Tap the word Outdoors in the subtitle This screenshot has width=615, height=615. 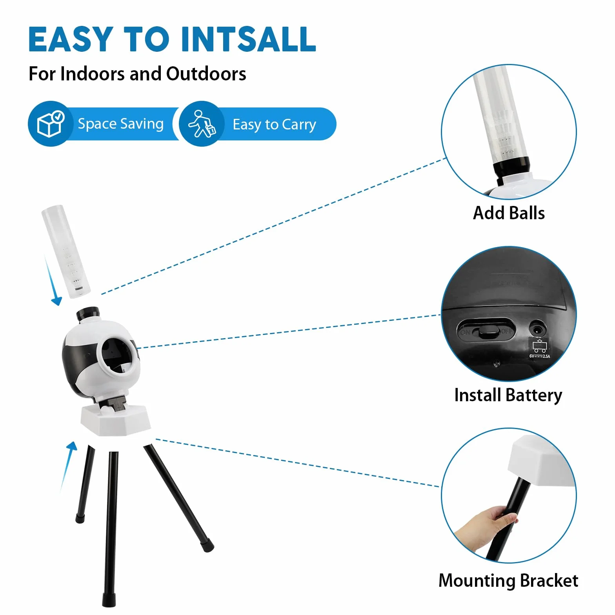tap(206, 74)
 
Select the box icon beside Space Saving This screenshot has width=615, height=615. tap(50, 123)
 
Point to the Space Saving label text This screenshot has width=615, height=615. tap(120, 124)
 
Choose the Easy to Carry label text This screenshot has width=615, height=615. tap(274, 125)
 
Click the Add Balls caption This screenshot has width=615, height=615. tap(509, 213)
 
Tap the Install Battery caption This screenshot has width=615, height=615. tap(508, 395)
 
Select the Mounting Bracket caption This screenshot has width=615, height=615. tap(508, 580)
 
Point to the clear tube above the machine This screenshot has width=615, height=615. tap(66, 251)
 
